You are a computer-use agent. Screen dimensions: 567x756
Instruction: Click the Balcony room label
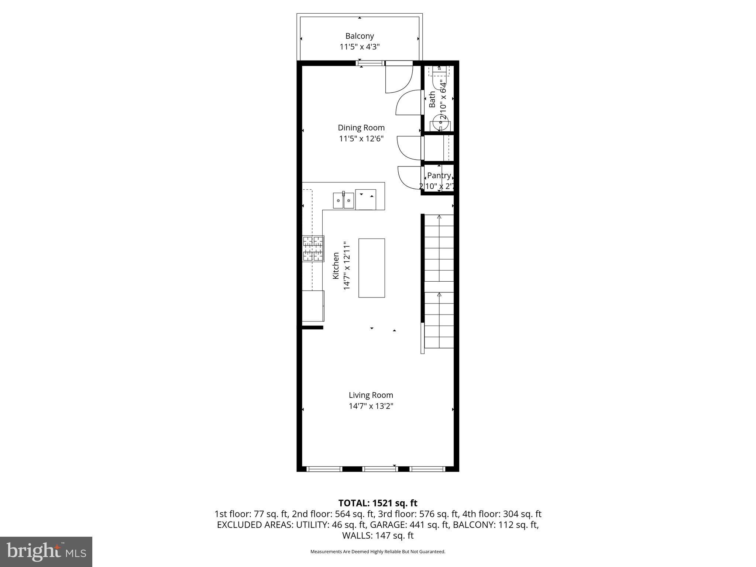click(x=360, y=36)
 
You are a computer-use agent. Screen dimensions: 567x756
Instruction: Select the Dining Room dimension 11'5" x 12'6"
click(x=361, y=139)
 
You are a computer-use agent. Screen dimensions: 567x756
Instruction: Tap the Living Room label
click(x=371, y=395)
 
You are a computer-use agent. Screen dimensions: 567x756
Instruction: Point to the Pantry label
click(x=439, y=176)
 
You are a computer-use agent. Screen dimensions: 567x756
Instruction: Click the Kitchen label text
click(x=336, y=265)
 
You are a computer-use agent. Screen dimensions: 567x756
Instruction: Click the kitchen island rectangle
click(x=372, y=268)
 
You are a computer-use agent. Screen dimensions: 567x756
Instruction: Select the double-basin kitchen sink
click(x=343, y=201)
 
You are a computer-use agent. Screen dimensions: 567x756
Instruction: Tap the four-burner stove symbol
click(x=313, y=249)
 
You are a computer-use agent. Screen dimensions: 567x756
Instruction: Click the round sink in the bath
click(x=440, y=122)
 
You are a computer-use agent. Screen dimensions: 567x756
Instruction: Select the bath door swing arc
click(x=408, y=103)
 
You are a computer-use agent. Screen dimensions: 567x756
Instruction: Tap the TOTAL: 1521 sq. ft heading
click(x=378, y=503)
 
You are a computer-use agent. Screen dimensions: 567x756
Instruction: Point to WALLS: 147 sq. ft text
click(x=378, y=536)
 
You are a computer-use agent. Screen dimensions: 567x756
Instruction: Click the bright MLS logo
click(x=46, y=551)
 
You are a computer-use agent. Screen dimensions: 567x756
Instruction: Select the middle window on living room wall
click(x=380, y=469)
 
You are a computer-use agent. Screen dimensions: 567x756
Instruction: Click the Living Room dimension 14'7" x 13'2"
click(x=371, y=406)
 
